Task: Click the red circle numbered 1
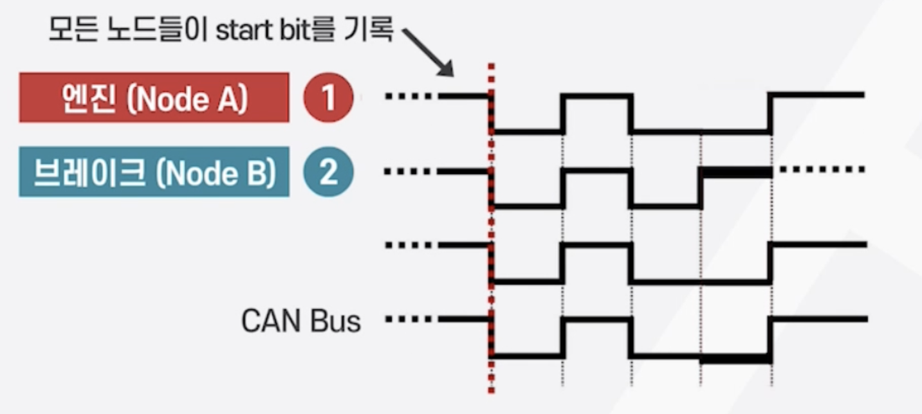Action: point(328,98)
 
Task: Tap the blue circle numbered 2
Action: point(328,173)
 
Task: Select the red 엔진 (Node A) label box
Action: point(153,97)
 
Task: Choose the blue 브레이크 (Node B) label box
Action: point(153,172)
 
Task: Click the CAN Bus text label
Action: point(300,321)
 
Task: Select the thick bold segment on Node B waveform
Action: point(736,172)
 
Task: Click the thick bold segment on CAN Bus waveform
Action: point(736,358)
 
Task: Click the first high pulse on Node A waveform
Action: point(596,96)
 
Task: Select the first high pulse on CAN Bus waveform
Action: point(596,319)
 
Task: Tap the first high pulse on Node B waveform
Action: point(596,170)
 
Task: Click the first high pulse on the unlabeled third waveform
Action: point(596,245)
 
